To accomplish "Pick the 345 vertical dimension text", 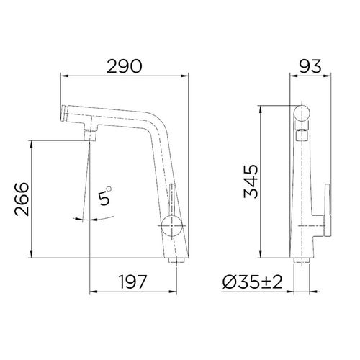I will tap(252, 182).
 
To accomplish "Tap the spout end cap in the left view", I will tap(63, 112).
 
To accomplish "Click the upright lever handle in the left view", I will tap(171, 199).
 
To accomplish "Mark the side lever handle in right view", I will tap(326, 209).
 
